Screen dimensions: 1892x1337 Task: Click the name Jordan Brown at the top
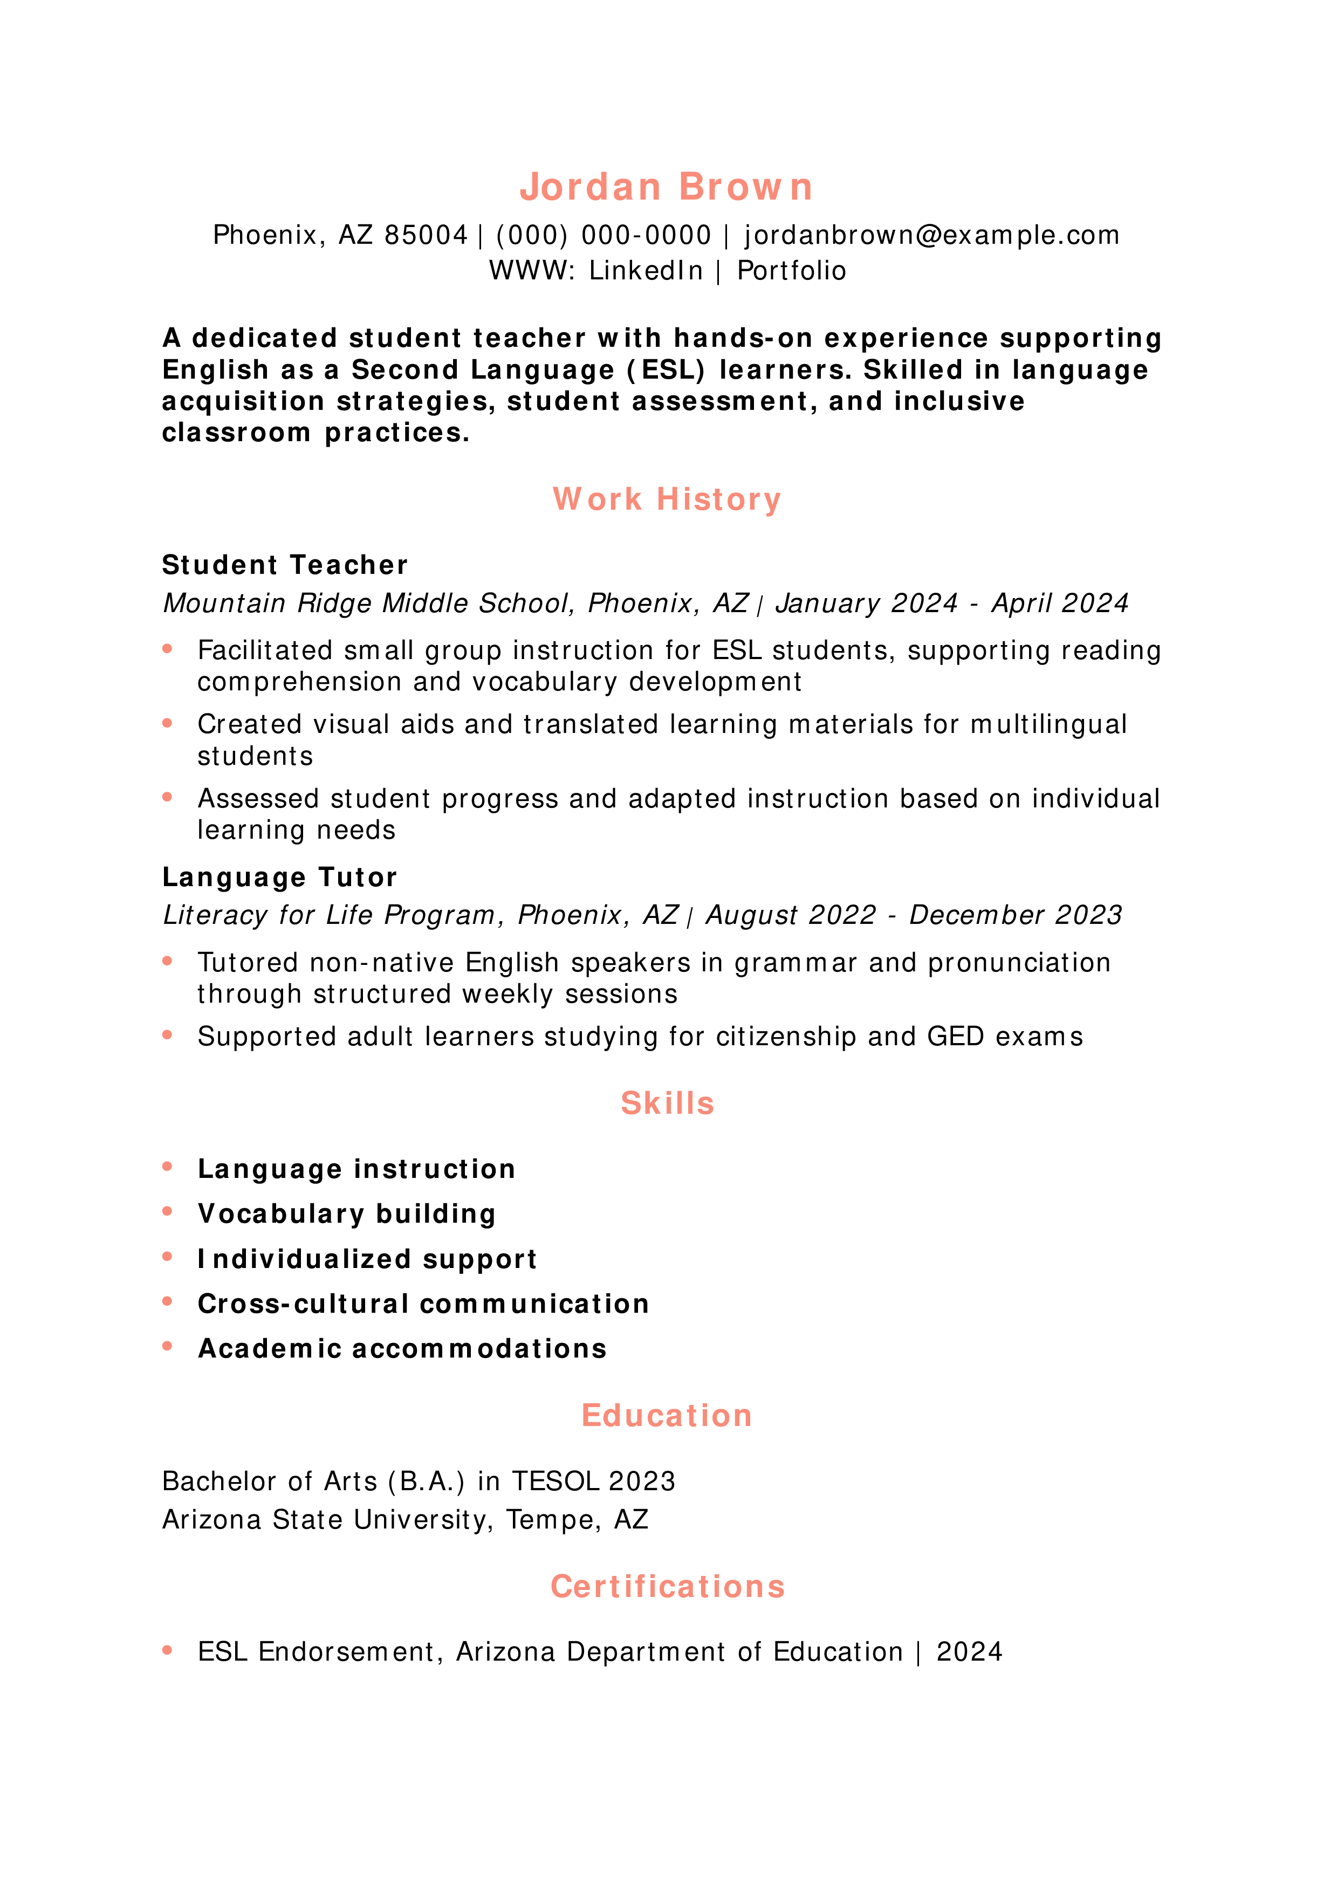(667, 187)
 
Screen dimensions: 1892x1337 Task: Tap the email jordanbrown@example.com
(932, 236)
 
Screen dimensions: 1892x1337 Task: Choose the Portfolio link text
(791, 271)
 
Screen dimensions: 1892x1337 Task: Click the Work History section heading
(667, 499)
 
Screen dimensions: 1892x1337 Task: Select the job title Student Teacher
(285, 565)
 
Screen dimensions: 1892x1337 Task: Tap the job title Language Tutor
(279, 878)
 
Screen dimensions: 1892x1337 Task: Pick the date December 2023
(1015, 915)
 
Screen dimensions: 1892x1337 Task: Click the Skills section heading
(667, 1103)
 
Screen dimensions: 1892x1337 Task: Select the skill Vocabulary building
(347, 1214)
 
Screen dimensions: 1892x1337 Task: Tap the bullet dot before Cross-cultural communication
(167, 1302)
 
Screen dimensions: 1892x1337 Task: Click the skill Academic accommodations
(402, 1349)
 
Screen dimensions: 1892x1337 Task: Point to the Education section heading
(667, 1416)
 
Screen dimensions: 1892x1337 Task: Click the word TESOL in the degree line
(554, 1482)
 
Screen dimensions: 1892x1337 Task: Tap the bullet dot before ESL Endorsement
(167, 1650)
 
